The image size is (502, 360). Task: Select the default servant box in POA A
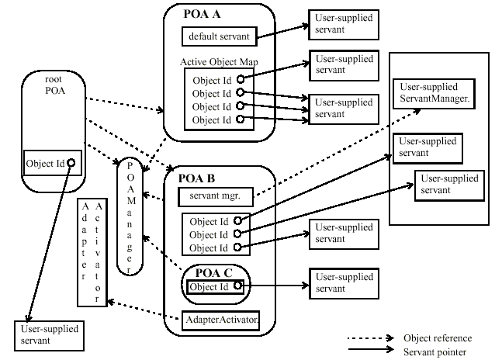[x=219, y=36]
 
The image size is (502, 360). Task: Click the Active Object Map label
[x=211, y=60]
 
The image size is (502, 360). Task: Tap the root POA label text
[x=52, y=86]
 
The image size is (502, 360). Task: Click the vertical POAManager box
[x=130, y=218]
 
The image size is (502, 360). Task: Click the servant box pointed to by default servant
[x=341, y=24]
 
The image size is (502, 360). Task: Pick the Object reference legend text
[x=438, y=338]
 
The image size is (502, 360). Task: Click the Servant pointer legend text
[x=434, y=351]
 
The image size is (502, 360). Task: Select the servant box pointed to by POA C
[x=342, y=282]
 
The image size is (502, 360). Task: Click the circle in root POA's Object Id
[x=71, y=162]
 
